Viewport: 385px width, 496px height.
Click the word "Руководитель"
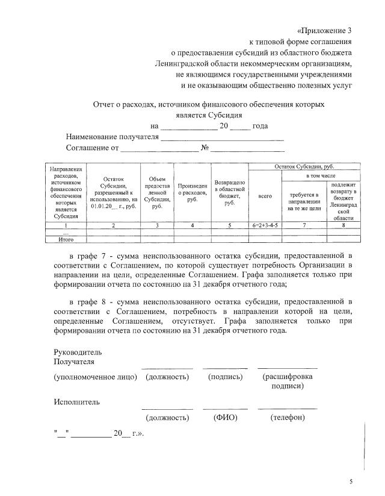pos(78,351)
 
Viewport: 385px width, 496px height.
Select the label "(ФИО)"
pos(225,417)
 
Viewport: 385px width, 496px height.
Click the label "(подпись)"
pos(225,377)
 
